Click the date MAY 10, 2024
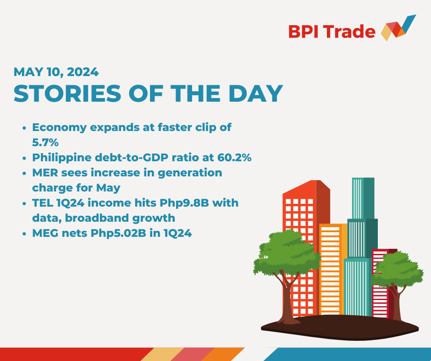pyautogui.click(x=56, y=72)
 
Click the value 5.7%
pyautogui.click(x=45, y=142)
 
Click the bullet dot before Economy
pyautogui.click(x=24, y=128)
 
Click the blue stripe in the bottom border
pyautogui.click(x=348, y=354)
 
